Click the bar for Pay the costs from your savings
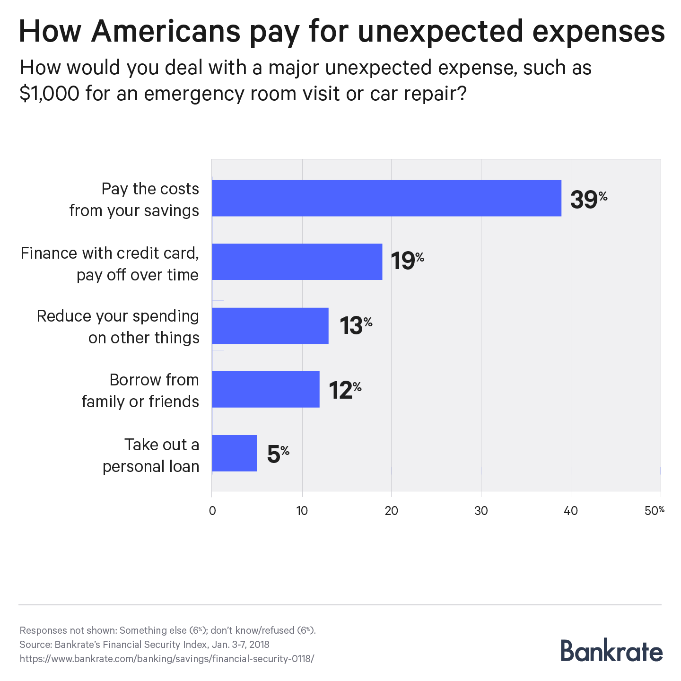(x=386, y=198)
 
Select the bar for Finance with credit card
(x=297, y=262)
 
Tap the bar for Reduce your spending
(x=270, y=326)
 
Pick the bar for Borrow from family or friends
(x=265, y=389)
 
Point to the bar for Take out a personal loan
(x=234, y=453)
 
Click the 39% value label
(x=588, y=199)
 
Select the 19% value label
(x=407, y=261)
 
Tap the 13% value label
(x=356, y=325)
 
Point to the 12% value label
(x=345, y=390)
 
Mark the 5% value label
(x=278, y=454)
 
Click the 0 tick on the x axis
(x=212, y=511)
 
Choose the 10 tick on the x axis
(x=302, y=511)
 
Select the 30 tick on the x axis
(x=481, y=511)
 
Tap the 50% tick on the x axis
(x=655, y=511)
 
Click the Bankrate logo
(x=611, y=651)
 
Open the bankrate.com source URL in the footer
(x=166, y=658)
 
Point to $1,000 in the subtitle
(x=49, y=94)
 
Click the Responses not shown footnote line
(x=167, y=630)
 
